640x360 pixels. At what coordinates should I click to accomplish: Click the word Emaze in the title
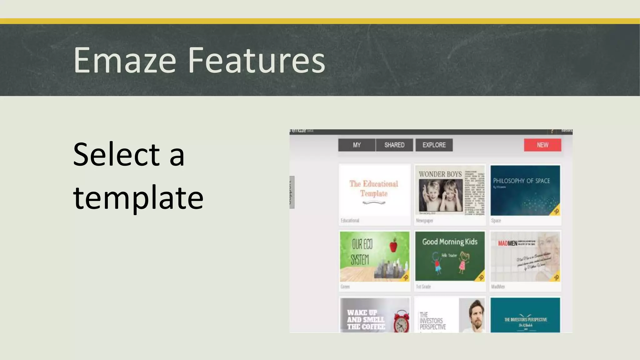(x=125, y=60)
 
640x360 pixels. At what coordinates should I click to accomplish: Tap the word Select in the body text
(x=116, y=154)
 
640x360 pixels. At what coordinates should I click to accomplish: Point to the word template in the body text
(x=138, y=197)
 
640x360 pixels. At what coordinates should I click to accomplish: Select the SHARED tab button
(x=394, y=145)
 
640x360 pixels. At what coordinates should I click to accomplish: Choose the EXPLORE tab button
(x=434, y=145)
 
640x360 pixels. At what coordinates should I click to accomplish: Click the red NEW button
(x=542, y=145)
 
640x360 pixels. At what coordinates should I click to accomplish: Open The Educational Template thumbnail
(x=374, y=190)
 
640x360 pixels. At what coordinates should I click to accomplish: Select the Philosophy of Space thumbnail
(x=525, y=190)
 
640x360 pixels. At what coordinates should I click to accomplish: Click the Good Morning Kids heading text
(x=450, y=242)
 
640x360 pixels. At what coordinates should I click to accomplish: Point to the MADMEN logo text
(x=507, y=243)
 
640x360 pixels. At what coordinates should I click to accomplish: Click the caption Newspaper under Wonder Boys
(x=424, y=221)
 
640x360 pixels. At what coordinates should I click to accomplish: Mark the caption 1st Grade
(x=423, y=287)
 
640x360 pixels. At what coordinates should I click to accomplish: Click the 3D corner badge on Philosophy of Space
(x=556, y=211)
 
